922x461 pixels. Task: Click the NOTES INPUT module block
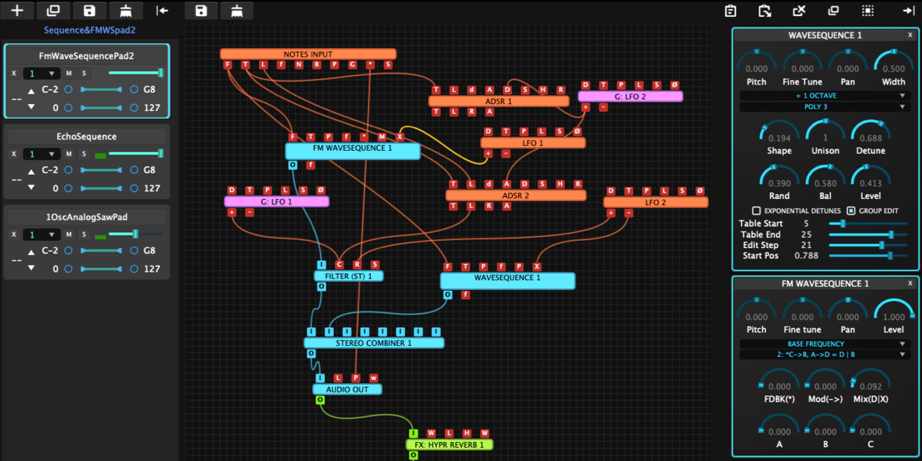308,54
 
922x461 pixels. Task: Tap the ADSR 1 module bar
499,101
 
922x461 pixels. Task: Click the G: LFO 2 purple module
630,96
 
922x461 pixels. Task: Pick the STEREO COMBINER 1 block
374,343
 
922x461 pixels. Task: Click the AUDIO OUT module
347,389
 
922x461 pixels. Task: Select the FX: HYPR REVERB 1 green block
449,444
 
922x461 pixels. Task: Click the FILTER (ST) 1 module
349,276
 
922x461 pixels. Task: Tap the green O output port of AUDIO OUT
320,400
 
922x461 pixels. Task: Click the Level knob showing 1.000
893,312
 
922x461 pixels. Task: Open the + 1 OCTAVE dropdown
824,96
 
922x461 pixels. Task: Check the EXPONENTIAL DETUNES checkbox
756,210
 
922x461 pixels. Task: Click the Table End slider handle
891,235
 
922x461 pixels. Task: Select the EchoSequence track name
87,136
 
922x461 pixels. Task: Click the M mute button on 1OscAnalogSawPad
68,235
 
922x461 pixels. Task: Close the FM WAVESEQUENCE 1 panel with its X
909,284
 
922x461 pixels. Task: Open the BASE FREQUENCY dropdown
824,344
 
